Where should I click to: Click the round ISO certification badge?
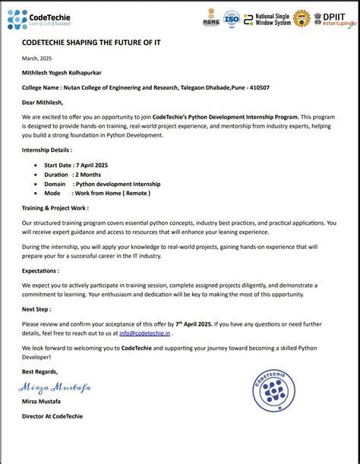click(231, 18)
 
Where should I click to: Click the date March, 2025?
click(36, 58)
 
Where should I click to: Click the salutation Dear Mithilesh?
click(43, 103)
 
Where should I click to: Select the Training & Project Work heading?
click(55, 207)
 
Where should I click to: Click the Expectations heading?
click(41, 270)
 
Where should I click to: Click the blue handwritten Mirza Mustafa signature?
click(55, 387)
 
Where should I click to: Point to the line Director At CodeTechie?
click(52, 416)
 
